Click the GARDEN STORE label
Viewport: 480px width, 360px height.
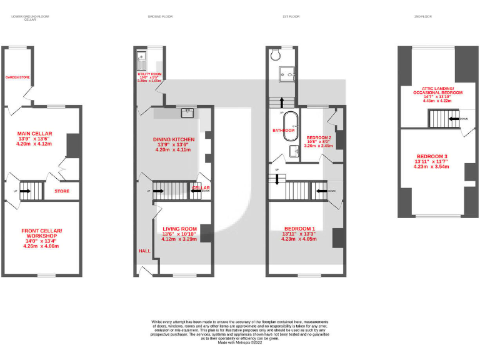(x=18, y=77)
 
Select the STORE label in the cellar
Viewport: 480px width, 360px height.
(x=62, y=191)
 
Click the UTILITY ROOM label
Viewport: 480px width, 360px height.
(x=149, y=74)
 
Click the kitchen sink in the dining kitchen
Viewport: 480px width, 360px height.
(x=186, y=113)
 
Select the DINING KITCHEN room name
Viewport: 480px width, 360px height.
(x=174, y=139)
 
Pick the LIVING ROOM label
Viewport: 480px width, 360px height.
(x=179, y=229)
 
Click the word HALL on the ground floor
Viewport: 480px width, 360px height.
(x=144, y=251)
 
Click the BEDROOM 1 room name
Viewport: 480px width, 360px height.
(x=299, y=229)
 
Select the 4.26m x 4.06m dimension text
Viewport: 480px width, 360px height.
(x=39, y=246)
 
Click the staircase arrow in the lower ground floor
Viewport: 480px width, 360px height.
(x=26, y=191)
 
